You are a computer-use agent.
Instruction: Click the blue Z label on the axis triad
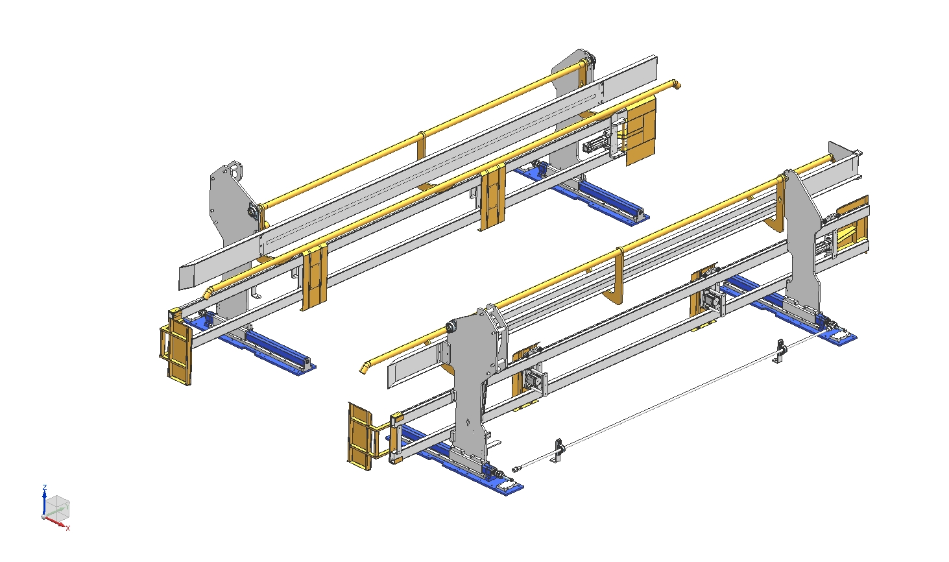45,487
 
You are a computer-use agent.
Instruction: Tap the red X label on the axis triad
67,528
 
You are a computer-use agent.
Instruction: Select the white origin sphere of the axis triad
43,517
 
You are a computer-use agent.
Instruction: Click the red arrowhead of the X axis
63,526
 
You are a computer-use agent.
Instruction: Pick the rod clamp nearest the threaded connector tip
558,450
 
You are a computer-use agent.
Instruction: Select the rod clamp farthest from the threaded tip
780,351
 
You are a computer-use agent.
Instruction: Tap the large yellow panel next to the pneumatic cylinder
641,130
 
